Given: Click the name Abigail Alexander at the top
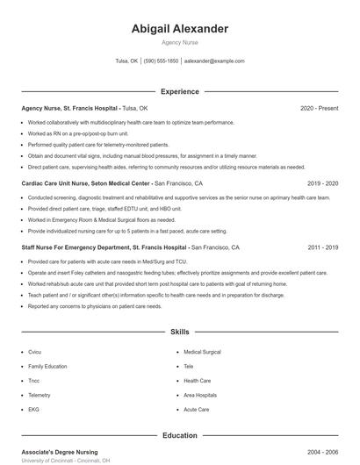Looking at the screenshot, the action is pos(179,29).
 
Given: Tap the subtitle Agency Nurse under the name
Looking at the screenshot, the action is pos(179,42).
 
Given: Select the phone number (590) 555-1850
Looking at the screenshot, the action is pos(161,61).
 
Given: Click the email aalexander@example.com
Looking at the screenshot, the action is pos(215,61).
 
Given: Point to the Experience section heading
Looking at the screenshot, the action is pos(179,91).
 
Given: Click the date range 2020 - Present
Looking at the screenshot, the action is pos(319,108).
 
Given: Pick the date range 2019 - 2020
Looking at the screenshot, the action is pos(322,184).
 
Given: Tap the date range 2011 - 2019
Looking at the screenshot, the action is pos(322,248).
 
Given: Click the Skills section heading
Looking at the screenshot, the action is pos(179,333).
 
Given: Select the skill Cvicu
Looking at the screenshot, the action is pos(35,352).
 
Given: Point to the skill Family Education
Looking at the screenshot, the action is pos(47,366).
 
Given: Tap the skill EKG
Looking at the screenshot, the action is pos(33,410).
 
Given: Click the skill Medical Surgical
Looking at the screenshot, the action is pos(202,352).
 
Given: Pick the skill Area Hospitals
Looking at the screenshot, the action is pos(200,395).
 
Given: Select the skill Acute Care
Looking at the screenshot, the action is pos(196,410).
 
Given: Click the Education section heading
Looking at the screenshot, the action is pos(179,435).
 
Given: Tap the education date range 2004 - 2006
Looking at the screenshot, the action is pos(322,452).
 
